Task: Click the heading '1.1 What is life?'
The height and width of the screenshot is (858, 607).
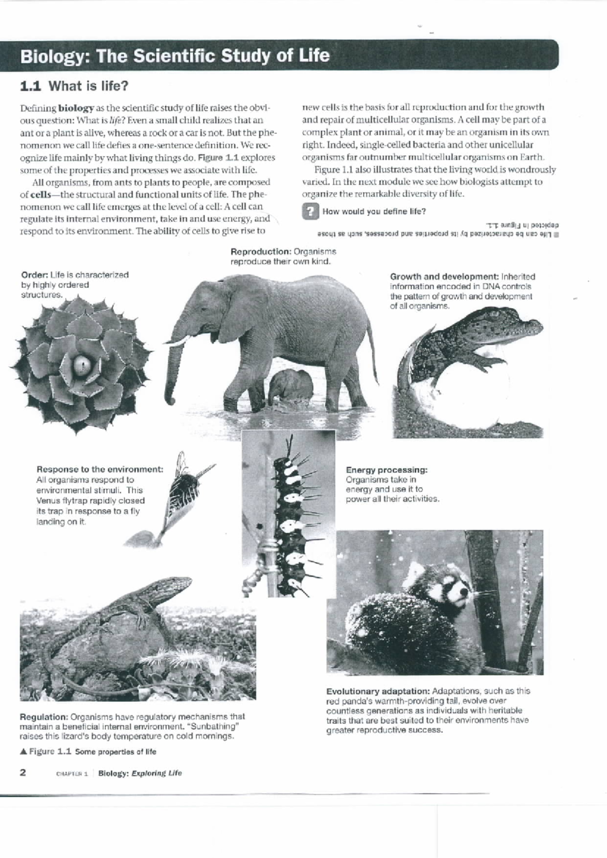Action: click(x=74, y=86)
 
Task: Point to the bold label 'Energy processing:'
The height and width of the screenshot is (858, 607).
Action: click(x=386, y=470)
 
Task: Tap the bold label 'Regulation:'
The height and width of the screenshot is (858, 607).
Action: click(x=44, y=717)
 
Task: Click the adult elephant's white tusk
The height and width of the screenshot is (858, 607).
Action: click(x=181, y=341)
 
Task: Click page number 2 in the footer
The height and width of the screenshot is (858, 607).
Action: click(x=23, y=773)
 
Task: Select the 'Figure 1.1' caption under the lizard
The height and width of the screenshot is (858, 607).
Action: click(x=49, y=751)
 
